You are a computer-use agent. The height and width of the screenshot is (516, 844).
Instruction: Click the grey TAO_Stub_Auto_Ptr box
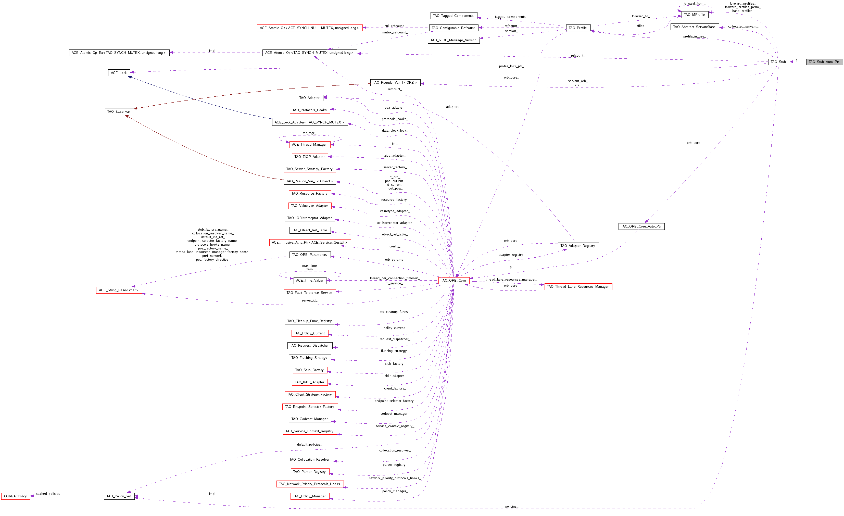click(824, 62)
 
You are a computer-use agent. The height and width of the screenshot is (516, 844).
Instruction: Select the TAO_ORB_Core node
click(454, 280)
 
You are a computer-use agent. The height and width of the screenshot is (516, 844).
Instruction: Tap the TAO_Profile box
click(578, 28)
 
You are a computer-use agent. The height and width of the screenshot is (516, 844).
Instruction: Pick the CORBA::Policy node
click(15, 496)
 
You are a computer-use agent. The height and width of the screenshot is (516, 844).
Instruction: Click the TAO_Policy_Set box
click(119, 496)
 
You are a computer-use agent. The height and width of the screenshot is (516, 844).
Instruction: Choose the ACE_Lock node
click(119, 73)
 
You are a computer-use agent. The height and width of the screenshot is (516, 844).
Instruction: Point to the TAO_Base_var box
click(119, 111)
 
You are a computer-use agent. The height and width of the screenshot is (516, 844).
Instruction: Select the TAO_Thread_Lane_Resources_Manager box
click(578, 286)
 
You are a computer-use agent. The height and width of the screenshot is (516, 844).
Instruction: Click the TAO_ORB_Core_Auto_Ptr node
click(641, 226)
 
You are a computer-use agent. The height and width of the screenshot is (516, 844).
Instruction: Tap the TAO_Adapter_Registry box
click(578, 246)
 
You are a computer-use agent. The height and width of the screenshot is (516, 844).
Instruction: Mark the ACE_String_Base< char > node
click(119, 290)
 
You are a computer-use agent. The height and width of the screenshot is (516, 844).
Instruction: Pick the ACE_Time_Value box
click(310, 280)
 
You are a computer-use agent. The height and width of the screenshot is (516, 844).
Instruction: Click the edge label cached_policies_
click(49, 494)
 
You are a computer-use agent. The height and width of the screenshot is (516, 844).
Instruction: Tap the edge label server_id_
click(310, 300)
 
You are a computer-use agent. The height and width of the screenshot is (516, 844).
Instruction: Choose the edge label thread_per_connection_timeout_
click(395, 278)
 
